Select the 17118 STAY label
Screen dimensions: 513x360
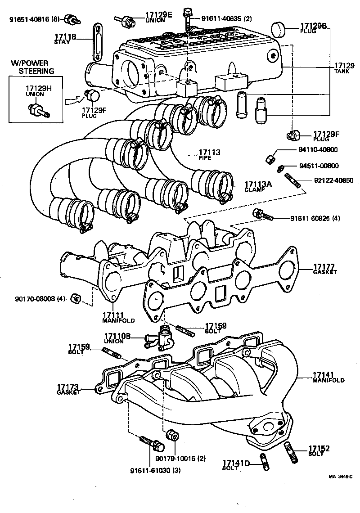[x=65, y=39]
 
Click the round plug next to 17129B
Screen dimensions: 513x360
[x=280, y=30]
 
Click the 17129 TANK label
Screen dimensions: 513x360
[x=344, y=68]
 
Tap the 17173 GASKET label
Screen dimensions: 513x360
[x=68, y=389]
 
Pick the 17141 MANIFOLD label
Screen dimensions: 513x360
[x=328, y=377]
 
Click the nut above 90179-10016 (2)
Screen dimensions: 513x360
[x=171, y=435]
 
